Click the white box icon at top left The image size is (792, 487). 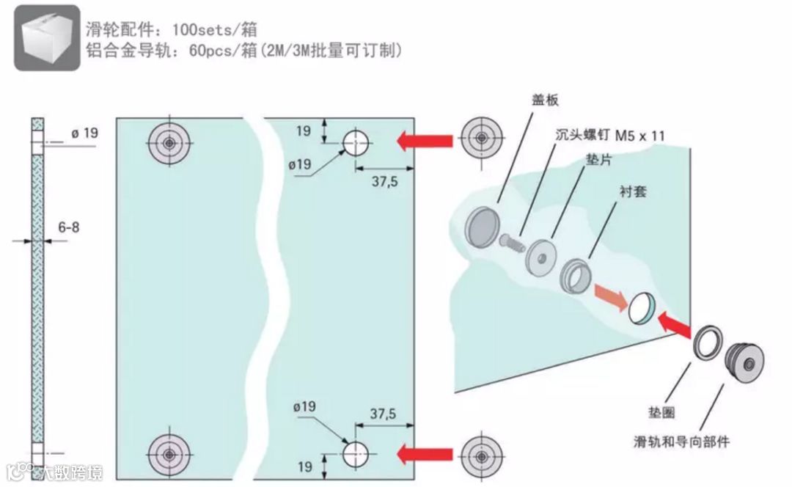47,38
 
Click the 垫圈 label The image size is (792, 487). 658,413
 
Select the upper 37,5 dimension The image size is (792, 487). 384,181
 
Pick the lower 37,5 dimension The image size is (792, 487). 383,414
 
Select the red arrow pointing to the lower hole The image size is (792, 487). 425,454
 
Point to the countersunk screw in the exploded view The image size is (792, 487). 513,241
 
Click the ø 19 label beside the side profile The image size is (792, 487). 84,133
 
